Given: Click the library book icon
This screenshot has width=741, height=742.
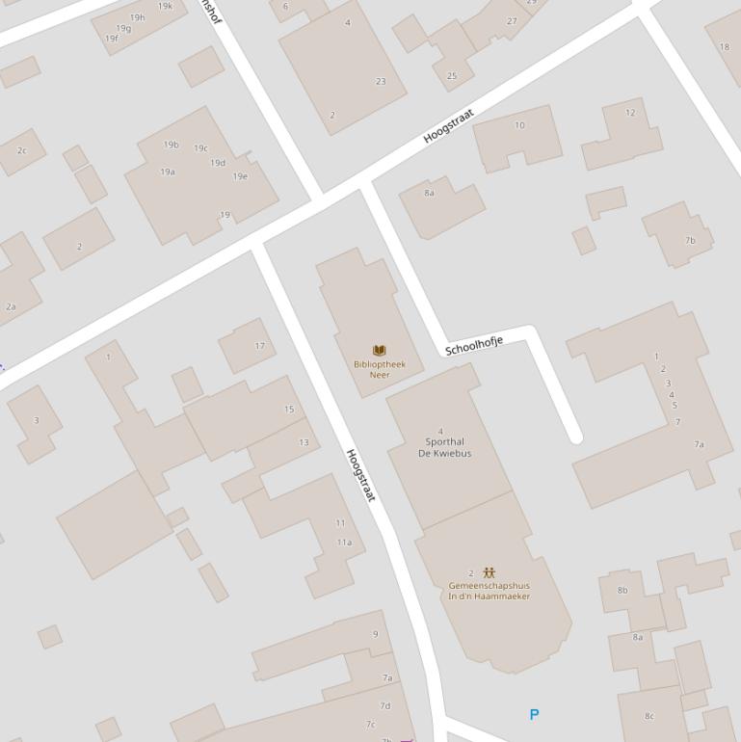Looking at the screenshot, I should (x=379, y=351).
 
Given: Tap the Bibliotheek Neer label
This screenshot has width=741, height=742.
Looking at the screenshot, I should (x=379, y=369).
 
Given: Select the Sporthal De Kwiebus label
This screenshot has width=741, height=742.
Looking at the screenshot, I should (x=444, y=448).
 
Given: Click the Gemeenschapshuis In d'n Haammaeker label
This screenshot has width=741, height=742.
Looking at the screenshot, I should (x=489, y=591).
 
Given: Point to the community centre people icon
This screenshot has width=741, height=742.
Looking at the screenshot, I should (x=489, y=572).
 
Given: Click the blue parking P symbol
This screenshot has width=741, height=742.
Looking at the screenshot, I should (x=534, y=714).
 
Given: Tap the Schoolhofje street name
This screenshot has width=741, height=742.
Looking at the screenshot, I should (x=474, y=347).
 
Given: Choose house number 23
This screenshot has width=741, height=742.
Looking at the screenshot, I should (x=381, y=82).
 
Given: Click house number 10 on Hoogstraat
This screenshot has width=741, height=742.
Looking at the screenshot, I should (x=520, y=125).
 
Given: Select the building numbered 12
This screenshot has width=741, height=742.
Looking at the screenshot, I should (x=630, y=113).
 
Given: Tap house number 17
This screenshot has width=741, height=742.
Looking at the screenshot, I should (x=259, y=346).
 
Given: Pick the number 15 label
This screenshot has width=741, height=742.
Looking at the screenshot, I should (x=289, y=410).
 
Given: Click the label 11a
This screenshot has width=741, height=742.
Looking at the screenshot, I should (x=344, y=543).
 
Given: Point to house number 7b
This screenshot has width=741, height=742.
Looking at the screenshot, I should (x=690, y=241).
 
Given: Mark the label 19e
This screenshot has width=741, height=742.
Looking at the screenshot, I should (x=240, y=176).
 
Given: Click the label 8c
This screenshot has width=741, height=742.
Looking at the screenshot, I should (x=649, y=716).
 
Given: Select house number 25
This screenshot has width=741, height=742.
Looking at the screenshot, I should (x=452, y=76).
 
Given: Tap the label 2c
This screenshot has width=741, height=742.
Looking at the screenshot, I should (x=22, y=150).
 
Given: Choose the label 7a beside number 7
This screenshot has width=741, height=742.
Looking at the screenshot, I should (x=700, y=444).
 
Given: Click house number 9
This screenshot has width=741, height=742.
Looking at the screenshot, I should (x=376, y=634).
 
